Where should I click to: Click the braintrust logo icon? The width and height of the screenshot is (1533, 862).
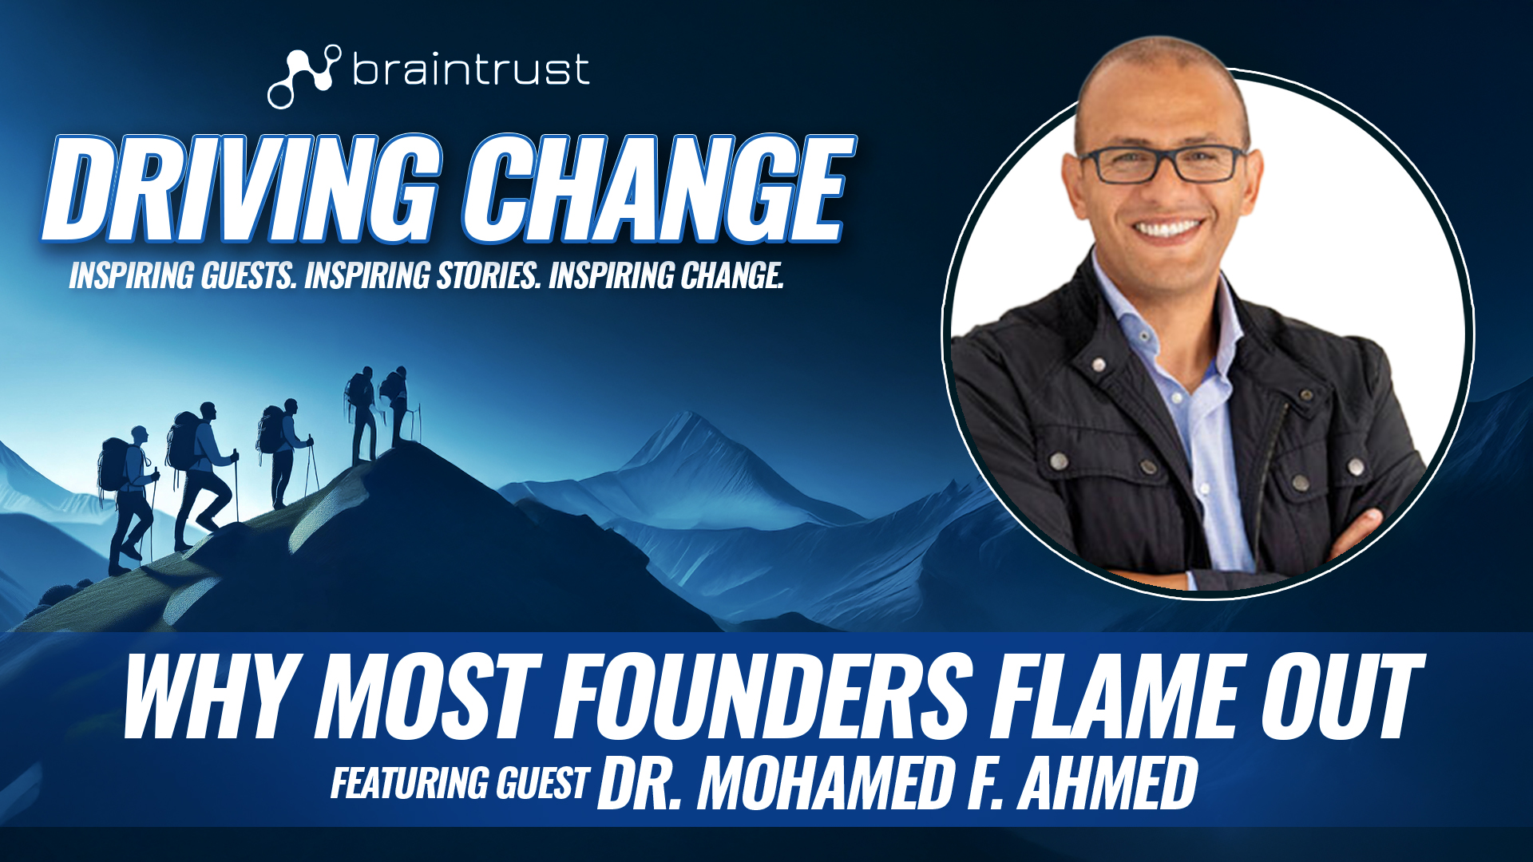click(x=303, y=76)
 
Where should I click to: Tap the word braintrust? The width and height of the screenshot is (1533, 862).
click(x=471, y=69)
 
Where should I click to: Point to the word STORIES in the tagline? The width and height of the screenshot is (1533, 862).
click(x=487, y=276)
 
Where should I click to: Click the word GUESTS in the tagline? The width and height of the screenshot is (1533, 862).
click(x=248, y=276)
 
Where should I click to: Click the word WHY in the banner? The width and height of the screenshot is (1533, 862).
click(x=212, y=697)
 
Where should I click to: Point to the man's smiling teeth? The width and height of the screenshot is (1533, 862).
click(x=1168, y=229)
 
